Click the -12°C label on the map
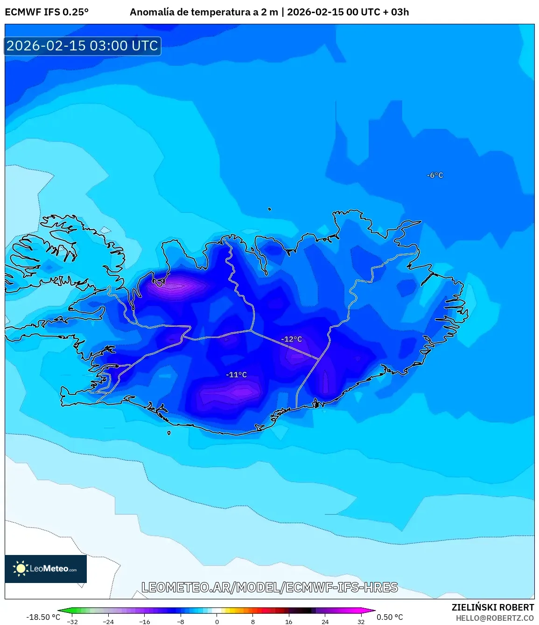pos(292,339)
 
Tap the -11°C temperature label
pos(236,375)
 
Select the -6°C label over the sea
pos(435,176)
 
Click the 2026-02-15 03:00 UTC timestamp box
pos(83,46)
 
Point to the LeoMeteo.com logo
pos(46,569)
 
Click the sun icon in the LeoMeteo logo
pos(21,568)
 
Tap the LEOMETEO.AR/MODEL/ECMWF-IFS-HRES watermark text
pos(270,587)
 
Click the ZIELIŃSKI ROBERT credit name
pos(493,607)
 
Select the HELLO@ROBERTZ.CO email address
pos(495,618)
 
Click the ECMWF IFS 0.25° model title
pos(47,12)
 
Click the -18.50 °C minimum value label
pos(43,617)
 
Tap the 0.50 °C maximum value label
pos(390,617)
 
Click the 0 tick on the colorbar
pos(217,622)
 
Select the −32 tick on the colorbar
pos(72,622)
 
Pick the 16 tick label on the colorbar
pos(289,622)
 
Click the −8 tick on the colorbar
pos(181,622)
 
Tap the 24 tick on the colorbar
pos(325,622)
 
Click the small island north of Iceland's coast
pos(270,209)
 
